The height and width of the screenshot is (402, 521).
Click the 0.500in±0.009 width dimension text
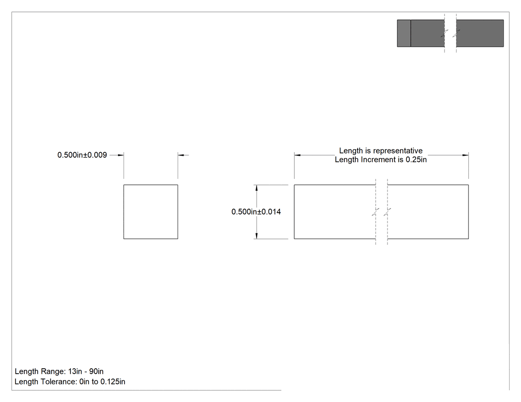click(x=82, y=155)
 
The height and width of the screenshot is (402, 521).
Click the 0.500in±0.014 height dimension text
click(x=256, y=212)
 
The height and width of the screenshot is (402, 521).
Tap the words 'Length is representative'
click(x=381, y=151)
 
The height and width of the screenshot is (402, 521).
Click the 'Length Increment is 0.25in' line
click(x=381, y=160)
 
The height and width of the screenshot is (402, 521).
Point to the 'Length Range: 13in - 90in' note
click(x=59, y=371)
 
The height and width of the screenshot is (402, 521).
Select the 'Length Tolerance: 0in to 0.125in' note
click(x=70, y=382)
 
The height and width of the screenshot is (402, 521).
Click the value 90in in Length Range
click(x=96, y=371)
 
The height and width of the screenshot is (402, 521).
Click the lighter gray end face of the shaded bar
click(x=404, y=33)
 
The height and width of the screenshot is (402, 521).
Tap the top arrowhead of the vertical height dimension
click(x=257, y=188)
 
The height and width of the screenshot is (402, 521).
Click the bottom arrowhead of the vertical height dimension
click(x=257, y=235)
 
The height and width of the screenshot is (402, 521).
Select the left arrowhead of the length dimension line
click(x=297, y=155)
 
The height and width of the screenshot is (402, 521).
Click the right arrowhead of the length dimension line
click(x=465, y=155)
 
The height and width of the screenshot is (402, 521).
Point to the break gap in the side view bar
click(x=382, y=212)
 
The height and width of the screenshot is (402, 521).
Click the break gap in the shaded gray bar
click(x=450, y=33)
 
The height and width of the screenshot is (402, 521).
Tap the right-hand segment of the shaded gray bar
click(x=480, y=33)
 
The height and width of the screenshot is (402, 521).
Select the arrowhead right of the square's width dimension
click(x=181, y=155)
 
